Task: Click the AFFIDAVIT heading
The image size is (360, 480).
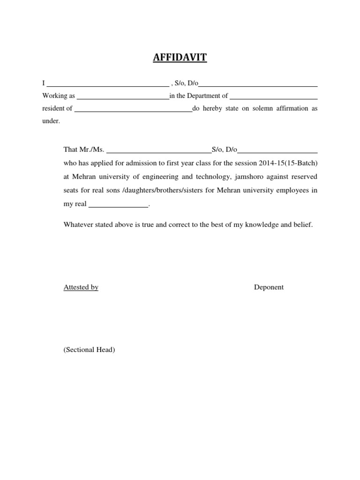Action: pyautogui.click(x=180, y=58)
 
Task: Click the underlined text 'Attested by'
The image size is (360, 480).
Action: pyautogui.click(x=81, y=287)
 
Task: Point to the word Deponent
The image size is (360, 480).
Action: pyautogui.click(x=269, y=287)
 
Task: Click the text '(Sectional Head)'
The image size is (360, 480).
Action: pyautogui.click(x=90, y=350)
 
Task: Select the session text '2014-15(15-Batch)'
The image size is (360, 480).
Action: pyautogui.click(x=288, y=164)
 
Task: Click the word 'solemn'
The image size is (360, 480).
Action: pyautogui.click(x=255, y=108)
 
